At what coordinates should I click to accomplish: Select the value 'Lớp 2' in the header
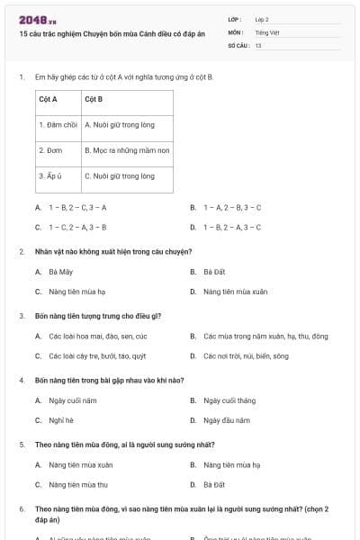click(x=262, y=19)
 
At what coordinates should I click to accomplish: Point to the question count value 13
click(x=258, y=44)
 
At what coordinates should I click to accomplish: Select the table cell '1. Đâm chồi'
click(x=58, y=125)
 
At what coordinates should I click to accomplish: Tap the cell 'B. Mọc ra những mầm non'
click(x=127, y=150)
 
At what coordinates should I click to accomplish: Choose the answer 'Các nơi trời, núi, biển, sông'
click(x=246, y=355)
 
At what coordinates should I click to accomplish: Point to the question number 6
click(x=22, y=508)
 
